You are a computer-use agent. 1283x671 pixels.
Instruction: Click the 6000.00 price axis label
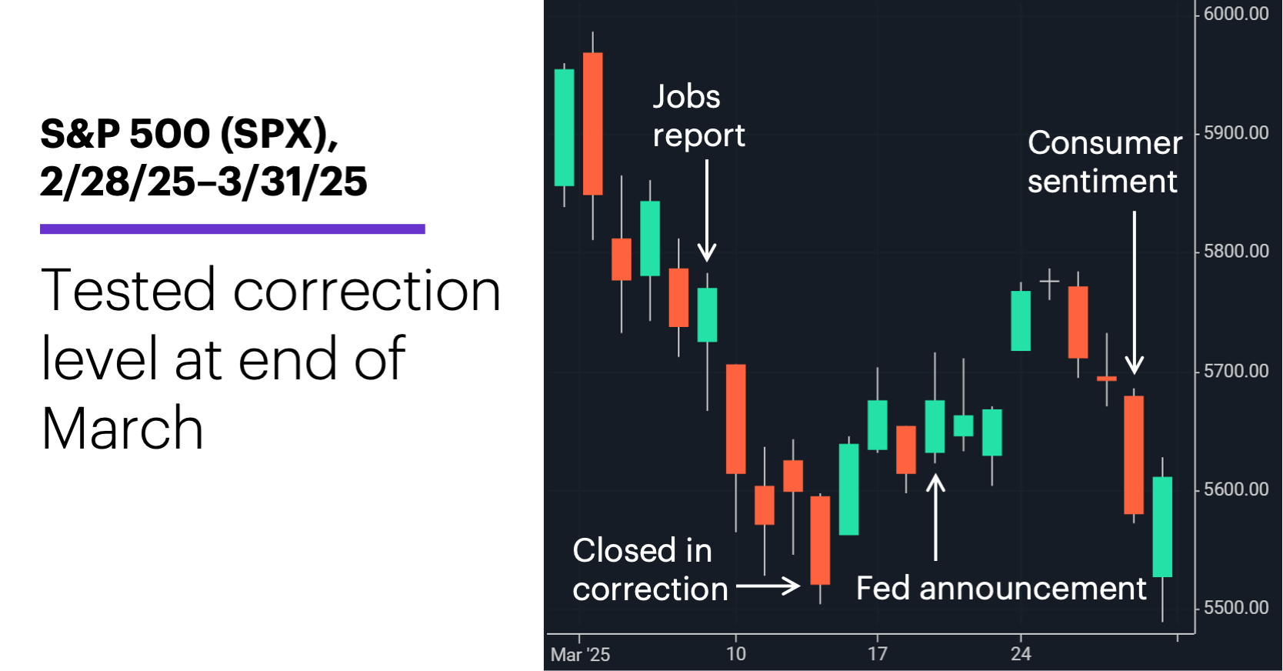pos(1236,14)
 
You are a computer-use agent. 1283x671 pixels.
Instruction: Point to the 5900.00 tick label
pos(1236,133)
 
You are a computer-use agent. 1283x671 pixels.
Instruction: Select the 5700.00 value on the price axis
pos(1236,371)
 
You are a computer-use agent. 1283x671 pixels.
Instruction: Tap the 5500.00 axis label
pos(1236,608)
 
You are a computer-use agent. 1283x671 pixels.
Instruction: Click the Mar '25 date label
pos(580,655)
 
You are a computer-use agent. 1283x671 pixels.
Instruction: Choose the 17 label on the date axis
pos(878,654)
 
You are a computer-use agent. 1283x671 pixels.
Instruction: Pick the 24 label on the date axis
pos(1021,654)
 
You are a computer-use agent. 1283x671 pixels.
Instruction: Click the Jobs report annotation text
pos(698,116)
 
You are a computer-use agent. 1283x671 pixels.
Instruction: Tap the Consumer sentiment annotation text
pos(1104,162)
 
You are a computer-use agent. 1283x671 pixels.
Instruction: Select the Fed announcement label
pos(1001,589)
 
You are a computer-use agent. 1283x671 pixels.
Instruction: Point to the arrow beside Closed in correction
pos(768,586)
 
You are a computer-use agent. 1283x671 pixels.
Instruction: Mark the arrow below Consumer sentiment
pos(1134,292)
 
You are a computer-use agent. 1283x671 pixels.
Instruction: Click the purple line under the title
pos(232,229)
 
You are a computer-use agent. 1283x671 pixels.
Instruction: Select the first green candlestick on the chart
pos(565,128)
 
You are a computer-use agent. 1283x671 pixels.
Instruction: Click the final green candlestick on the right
pos(1162,526)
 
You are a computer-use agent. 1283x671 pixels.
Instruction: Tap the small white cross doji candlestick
pos(1049,282)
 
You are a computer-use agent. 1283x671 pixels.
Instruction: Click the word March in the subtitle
pos(122,428)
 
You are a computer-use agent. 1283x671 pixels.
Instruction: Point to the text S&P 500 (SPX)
pos(188,134)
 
